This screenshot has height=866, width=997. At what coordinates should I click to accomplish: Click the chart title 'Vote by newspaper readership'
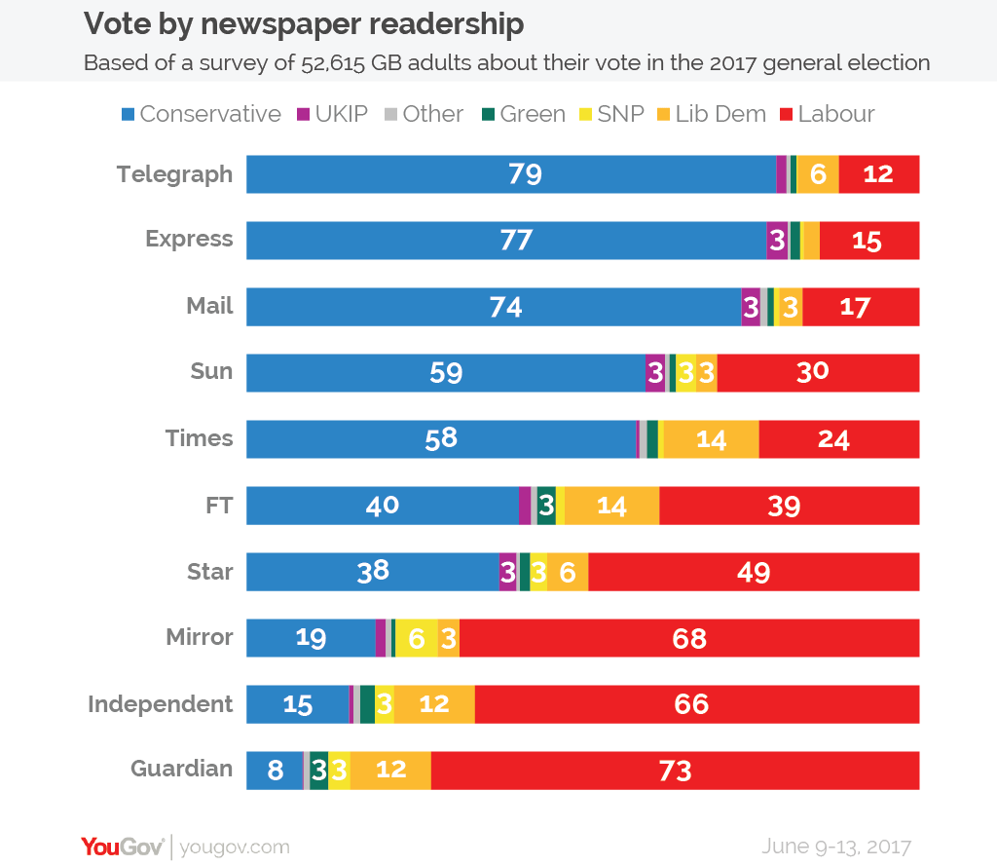tap(304, 23)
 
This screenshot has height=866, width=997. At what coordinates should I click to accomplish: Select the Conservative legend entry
tap(201, 114)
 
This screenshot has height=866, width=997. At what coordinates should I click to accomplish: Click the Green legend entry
tap(523, 114)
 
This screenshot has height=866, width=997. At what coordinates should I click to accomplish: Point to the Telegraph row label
tap(174, 174)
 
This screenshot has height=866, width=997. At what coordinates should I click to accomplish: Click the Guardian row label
tap(181, 769)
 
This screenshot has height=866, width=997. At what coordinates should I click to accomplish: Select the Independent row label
tap(160, 703)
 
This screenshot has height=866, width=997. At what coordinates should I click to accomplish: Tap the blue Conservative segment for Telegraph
tap(510, 174)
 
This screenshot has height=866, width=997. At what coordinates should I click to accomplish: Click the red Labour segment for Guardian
tap(675, 770)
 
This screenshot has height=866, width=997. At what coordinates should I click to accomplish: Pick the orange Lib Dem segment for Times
tap(711, 439)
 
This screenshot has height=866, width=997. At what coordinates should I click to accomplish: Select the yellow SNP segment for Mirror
tap(416, 638)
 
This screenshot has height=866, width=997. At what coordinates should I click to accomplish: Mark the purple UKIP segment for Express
tap(777, 241)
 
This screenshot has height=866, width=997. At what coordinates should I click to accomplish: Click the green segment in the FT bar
tap(546, 506)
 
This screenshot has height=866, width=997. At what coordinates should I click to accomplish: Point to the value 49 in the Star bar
tap(753, 572)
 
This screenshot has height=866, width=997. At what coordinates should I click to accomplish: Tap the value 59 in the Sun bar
tap(445, 373)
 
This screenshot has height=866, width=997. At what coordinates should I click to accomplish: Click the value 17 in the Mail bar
tap(854, 307)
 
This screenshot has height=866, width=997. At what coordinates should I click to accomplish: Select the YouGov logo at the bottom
tap(122, 846)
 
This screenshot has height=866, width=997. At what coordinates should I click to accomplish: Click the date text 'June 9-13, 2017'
tap(836, 846)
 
